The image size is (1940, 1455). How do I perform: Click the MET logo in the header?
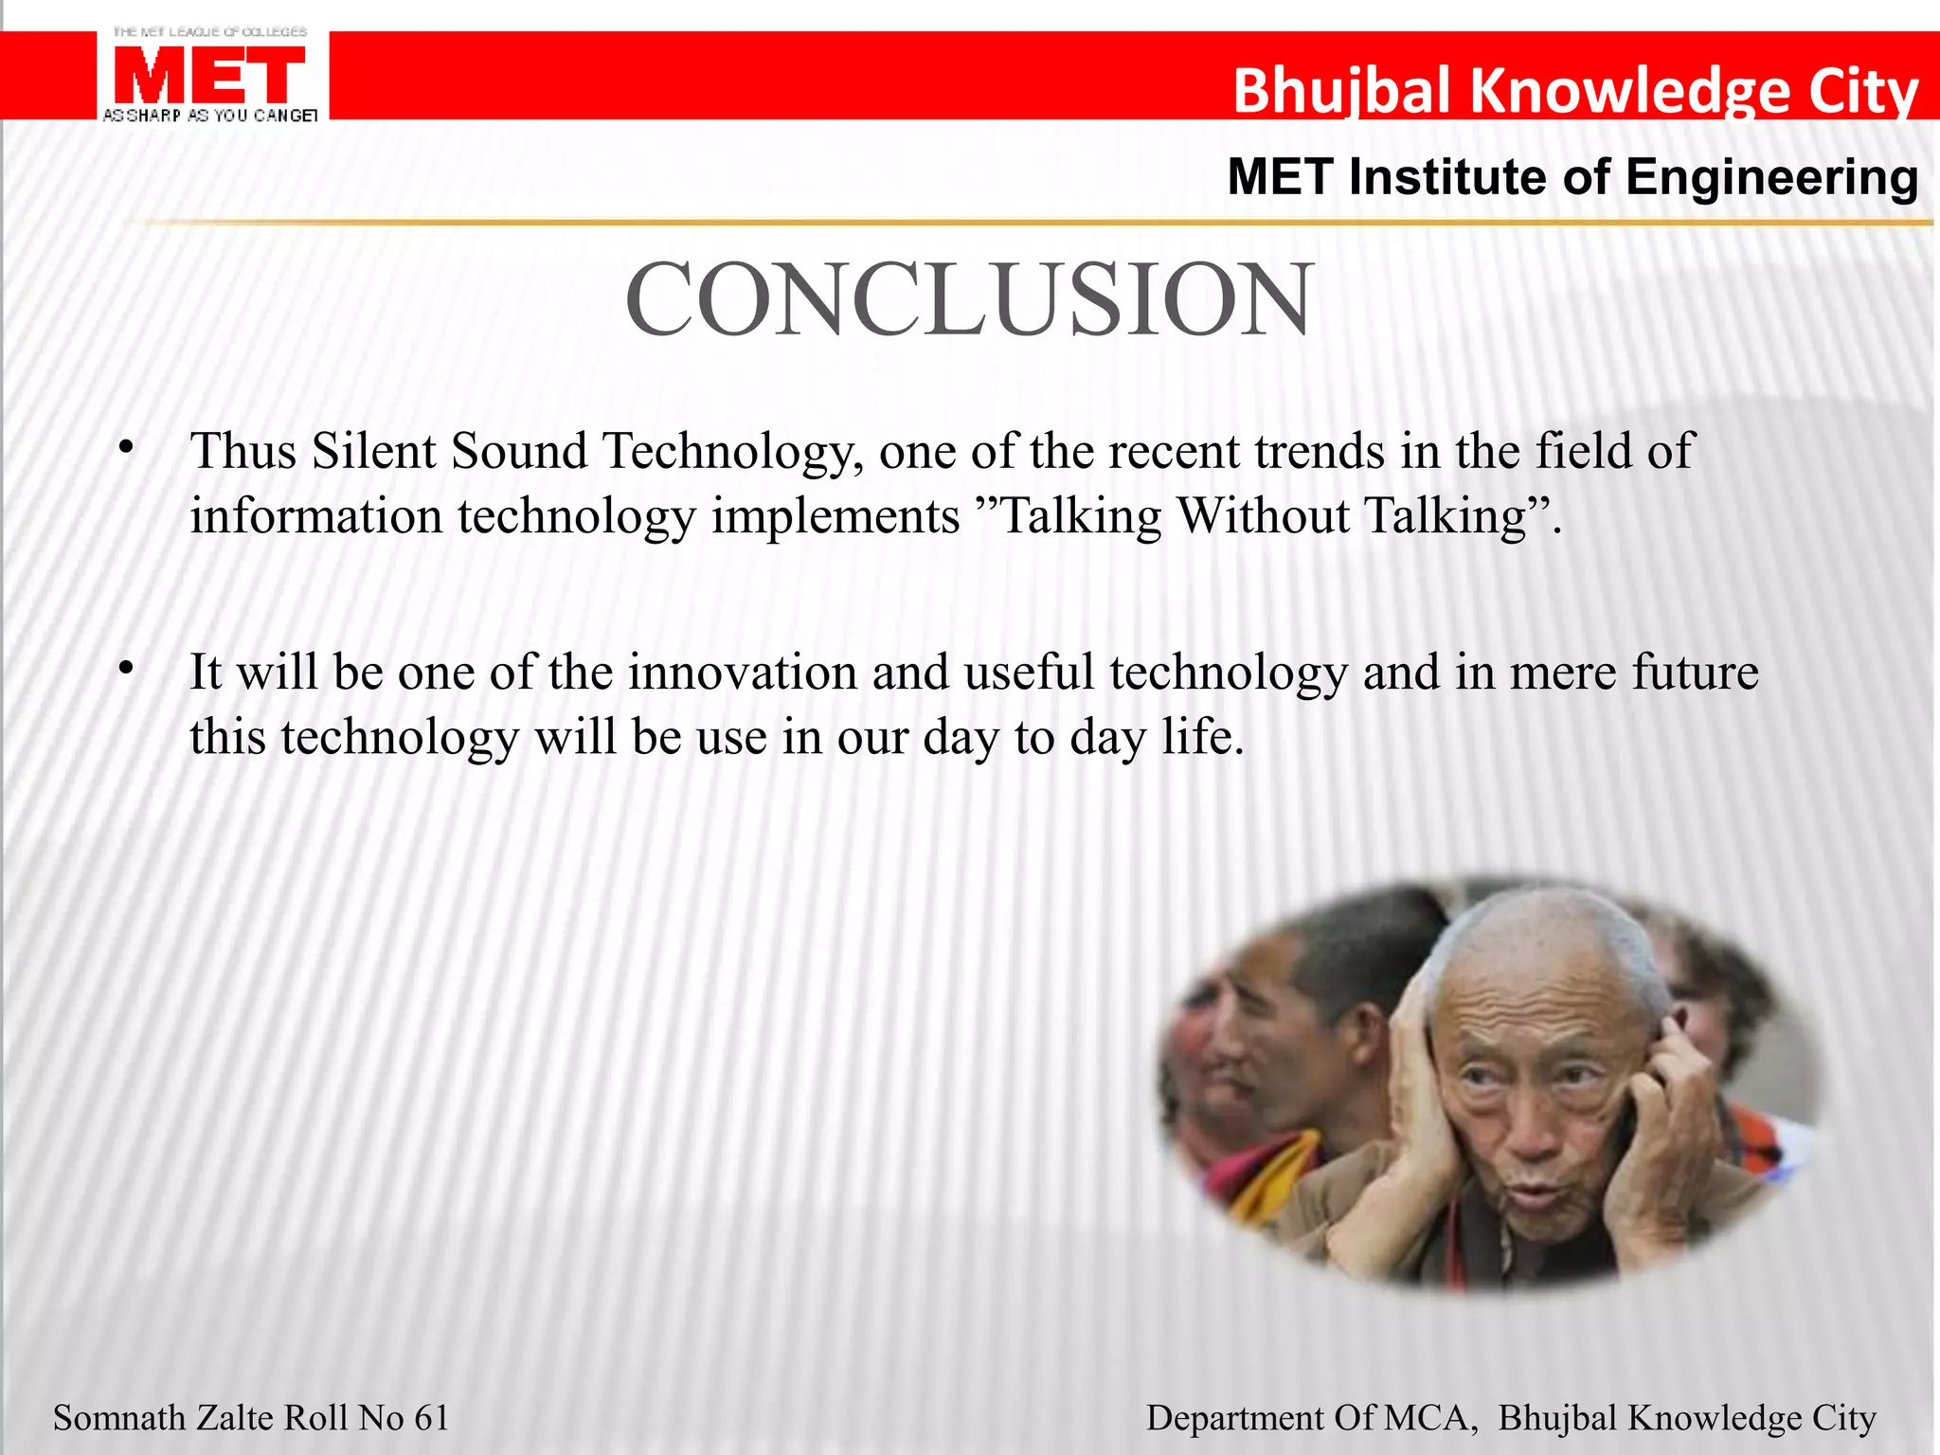[x=209, y=76]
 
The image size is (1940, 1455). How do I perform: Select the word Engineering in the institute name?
[x=1771, y=177]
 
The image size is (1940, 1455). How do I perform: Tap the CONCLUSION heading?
[x=969, y=299]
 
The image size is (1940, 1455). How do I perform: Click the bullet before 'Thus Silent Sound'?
[x=126, y=447]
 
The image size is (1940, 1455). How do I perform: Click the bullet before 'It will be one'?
[x=126, y=669]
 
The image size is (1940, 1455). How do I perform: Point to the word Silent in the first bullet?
[x=373, y=451]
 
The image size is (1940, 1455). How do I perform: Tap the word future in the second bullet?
[x=1695, y=673]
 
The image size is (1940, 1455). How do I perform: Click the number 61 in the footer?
[x=431, y=1418]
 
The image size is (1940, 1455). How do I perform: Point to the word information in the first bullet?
[x=315, y=517]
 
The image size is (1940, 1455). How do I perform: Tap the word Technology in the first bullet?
[x=727, y=453]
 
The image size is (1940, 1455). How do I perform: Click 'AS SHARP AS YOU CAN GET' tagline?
[x=209, y=116]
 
